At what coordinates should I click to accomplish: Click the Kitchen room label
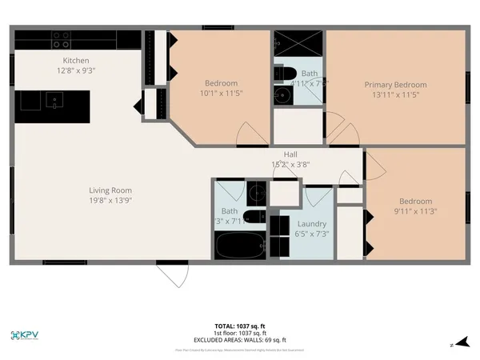(x=76, y=61)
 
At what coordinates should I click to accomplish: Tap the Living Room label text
(x=110, y=190)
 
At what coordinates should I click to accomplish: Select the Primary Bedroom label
(x=395, y=85)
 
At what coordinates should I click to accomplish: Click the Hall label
(x=291, y=154)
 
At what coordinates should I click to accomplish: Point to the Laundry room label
(x=311, y=224)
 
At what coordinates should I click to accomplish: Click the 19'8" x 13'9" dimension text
(x=110, y=200)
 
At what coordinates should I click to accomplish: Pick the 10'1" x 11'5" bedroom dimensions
(x=220, y=94)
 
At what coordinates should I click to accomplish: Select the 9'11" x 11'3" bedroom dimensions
(x=415, y=211)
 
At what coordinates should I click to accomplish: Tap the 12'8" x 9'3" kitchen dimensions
(x=76, y=71)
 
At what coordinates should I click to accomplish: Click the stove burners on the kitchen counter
(x=62, y=40)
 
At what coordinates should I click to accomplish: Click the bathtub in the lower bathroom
(x=240, y=245)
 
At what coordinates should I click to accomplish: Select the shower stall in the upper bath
(x=299, y=42)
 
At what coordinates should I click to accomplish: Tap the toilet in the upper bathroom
(x=280, y=74)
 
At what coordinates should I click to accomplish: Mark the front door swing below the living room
(x=171, y=274)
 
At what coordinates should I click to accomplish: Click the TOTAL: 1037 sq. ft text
(x=240, y=326)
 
